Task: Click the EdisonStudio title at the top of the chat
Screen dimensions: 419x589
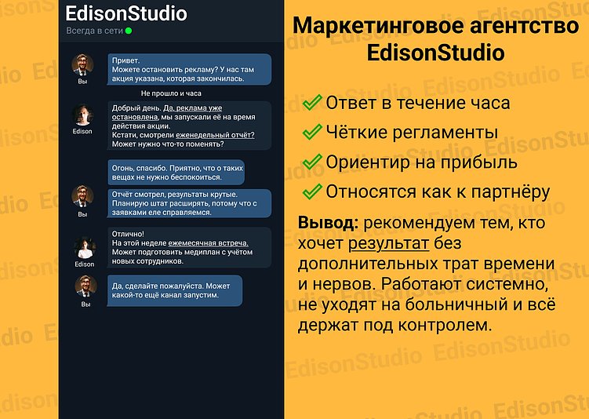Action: (x=126, y=13)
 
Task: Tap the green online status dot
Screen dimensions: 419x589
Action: (x=129, y=31)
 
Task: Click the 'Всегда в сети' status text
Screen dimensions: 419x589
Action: (x=94, y=31)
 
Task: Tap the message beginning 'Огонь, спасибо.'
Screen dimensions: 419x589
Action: (x=176, y=172)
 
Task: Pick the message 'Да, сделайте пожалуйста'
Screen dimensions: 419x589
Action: (x=175, y=290)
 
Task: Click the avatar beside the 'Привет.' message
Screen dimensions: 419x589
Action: (x=83, y=64)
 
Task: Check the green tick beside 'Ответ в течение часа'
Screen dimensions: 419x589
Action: (x=313, y=103)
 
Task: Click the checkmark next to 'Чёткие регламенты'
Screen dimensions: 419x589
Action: (x=313, y=132)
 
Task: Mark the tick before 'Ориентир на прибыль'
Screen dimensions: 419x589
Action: (x=313, y=162)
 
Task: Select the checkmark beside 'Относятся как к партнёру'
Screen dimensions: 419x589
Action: (x=313, y=191)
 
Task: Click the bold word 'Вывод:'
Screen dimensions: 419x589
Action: (x=328, y=222)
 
